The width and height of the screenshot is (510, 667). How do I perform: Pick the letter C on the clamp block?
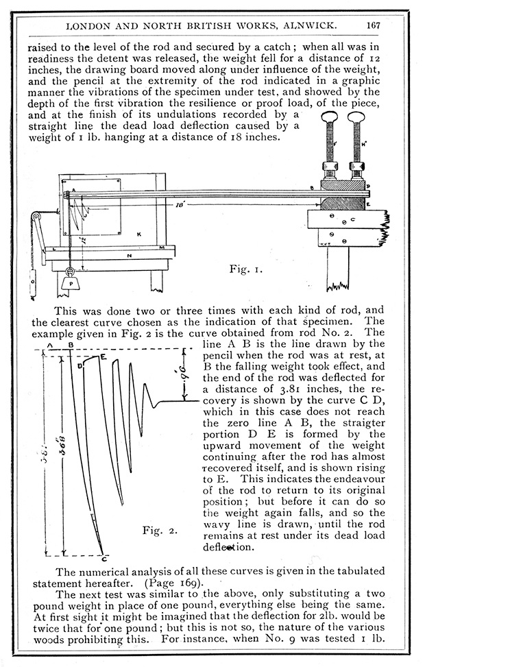[352, 220]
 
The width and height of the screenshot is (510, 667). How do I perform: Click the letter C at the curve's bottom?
[103, 559]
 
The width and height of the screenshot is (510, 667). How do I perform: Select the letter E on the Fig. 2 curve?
[104, 356]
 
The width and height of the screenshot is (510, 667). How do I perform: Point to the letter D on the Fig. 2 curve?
[80, 366]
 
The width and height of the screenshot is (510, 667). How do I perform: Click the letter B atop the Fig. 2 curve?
[71, 345]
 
